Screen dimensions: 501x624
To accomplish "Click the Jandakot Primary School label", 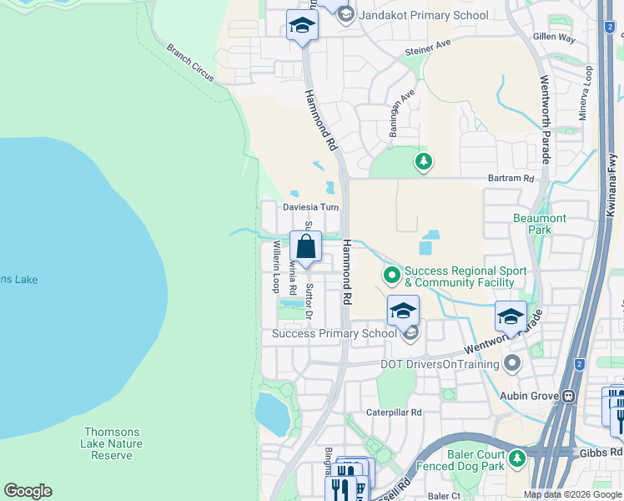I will (425, 15).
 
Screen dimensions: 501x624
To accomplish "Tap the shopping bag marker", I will (306, 247).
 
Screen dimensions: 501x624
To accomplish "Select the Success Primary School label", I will (335, 334).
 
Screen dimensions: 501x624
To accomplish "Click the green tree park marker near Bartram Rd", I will (424, 160).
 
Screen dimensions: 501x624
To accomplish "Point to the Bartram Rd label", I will (511, 179).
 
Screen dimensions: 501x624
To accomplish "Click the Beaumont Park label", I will (539, 224).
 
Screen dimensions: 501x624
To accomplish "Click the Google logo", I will (28, 491).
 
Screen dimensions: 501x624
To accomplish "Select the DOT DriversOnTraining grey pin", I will (512, 363).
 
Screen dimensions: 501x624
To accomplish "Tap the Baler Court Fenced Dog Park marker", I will (517, 458).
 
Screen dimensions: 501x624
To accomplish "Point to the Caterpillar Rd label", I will (395, 412).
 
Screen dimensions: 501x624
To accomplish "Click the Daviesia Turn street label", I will (310, 207).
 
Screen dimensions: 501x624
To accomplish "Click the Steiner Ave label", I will (428, 46).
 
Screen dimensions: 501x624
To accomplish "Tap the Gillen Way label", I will (555, 38).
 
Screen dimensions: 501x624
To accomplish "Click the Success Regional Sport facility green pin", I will (390, 274).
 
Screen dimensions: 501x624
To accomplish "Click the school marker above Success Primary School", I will (403, 311).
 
